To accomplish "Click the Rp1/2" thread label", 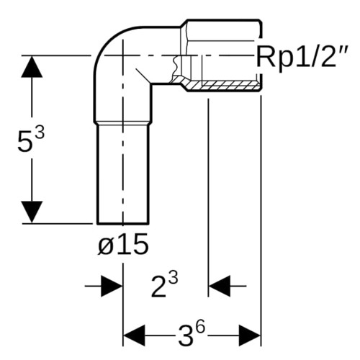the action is pos(301,58).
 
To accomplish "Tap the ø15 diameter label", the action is pos(123,244).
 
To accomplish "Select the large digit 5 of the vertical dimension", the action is pos(24,143).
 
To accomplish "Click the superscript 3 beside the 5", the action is pos(40,132).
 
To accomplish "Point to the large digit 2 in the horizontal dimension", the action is pos(159,287).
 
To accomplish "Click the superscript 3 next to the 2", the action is pos(174,279).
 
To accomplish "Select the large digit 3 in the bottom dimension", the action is pos(186,336).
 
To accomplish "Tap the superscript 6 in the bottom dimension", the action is pos(200,328).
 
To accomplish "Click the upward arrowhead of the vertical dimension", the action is pos(32,67).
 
